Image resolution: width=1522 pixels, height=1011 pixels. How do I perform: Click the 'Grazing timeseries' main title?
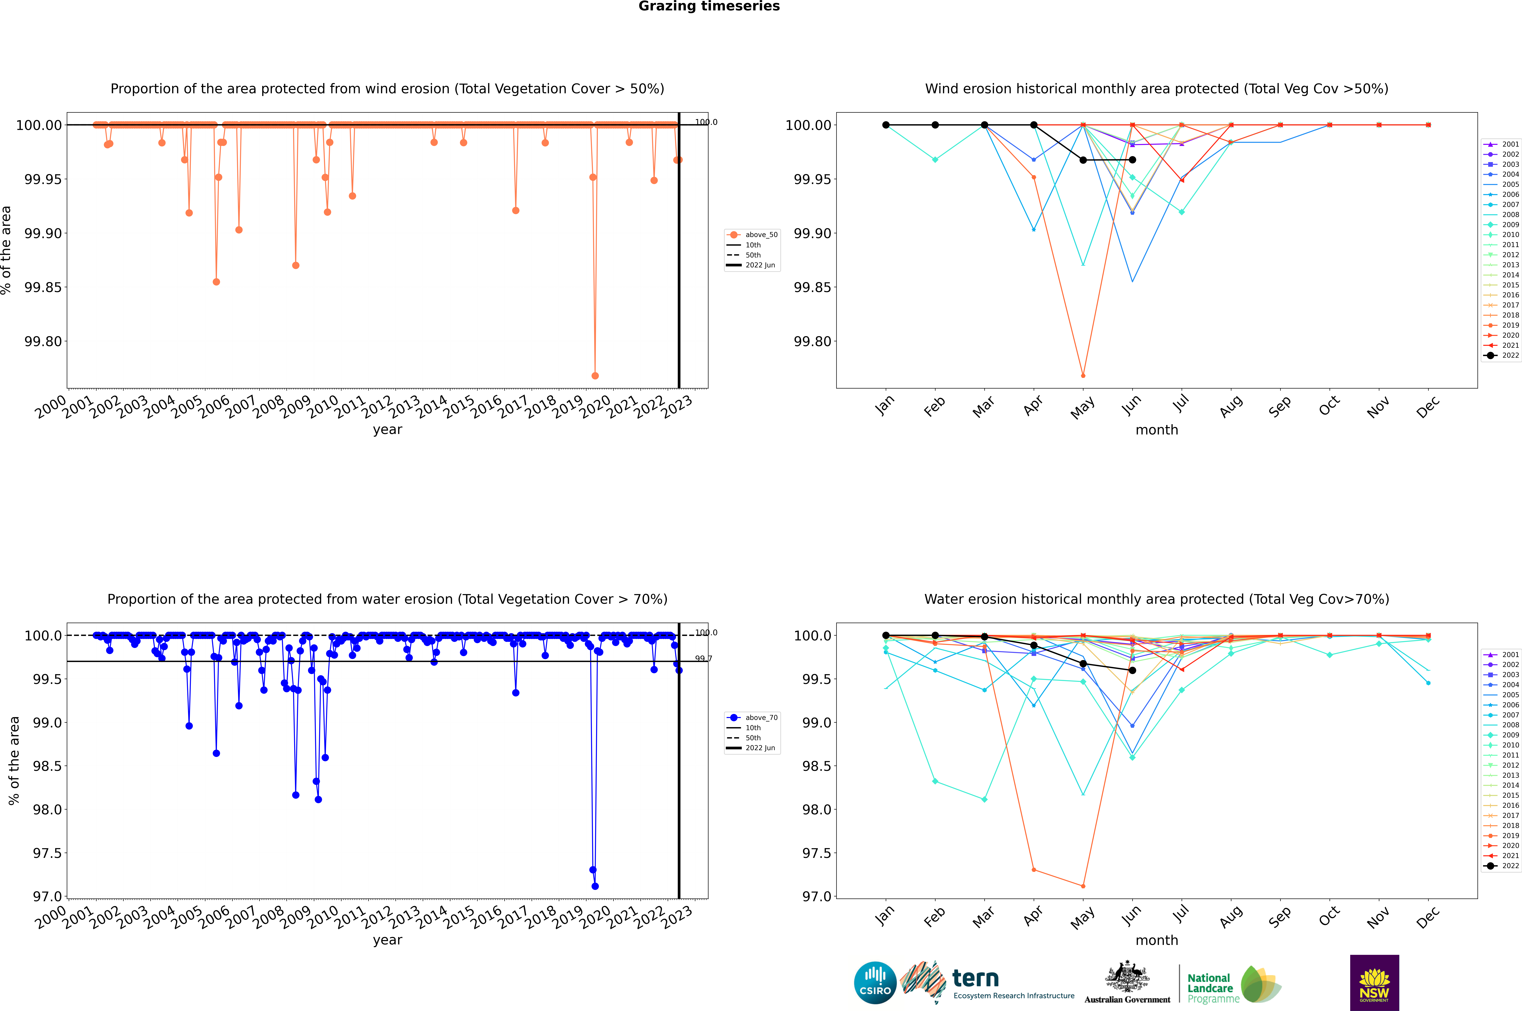pos(709,6)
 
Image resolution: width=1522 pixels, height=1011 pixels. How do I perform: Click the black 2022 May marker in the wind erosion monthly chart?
pos(1083,160)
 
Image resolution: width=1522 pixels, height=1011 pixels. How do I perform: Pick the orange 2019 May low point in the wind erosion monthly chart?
pos(1083,375)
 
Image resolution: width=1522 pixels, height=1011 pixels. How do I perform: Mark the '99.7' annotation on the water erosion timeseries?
pos(703,659)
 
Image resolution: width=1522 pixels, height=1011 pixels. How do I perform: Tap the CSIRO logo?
pos(875,983)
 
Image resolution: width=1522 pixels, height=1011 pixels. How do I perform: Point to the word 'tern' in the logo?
pos(976,979)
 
